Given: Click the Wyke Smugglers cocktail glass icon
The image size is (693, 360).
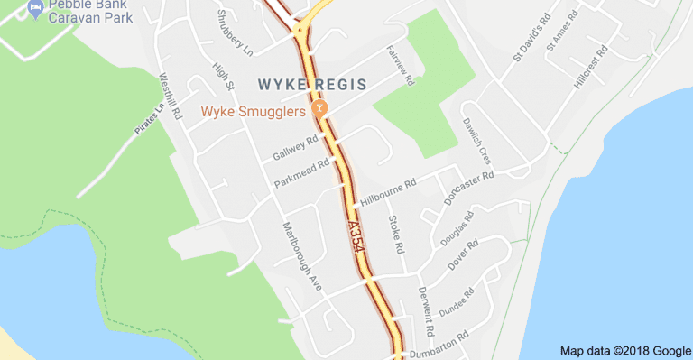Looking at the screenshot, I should (x=319, y=109).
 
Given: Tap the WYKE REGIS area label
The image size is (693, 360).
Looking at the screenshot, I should (x=312, y=84).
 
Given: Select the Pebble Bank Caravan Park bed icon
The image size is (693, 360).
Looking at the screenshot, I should (x=36, y=9).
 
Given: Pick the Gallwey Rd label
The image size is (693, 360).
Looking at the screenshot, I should (x=296, y=150).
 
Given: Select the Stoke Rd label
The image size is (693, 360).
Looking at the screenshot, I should (x=395, y=234).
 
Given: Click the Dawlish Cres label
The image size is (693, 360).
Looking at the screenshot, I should (x=476, y=138).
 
